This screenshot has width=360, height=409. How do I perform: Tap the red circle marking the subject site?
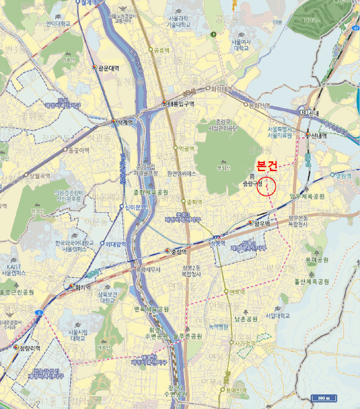pos(266,185)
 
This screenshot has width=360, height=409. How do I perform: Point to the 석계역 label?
pos(123,122)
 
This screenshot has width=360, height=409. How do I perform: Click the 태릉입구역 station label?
pos(181,103)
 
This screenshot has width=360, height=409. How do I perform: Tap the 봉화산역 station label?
pos(259,105)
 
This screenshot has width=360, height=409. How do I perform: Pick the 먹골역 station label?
pos(186,149)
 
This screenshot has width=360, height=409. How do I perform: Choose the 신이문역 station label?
pos(134,207)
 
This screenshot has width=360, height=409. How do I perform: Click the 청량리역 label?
pos(29,348)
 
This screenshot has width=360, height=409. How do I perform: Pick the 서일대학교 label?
pos(277,316)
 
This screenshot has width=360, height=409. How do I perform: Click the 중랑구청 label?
pos(250,183)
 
